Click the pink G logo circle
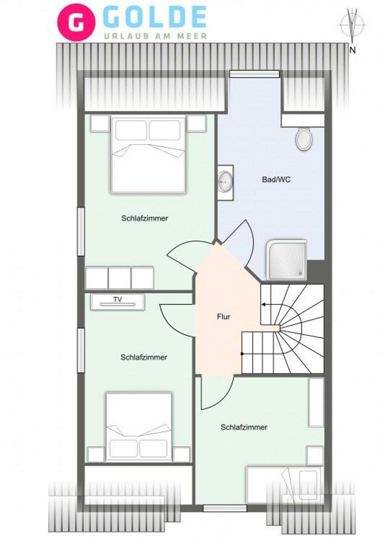(x=77, y=23)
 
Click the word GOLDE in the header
(x=156, y=17)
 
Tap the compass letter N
(x=353, y=50)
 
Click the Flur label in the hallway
(x=224, y=316)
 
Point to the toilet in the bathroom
(x=304, y=139)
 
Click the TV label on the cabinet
(x=118, y=299)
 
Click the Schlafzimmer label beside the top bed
(x=145, y=218)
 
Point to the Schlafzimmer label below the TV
(x=144, y=357)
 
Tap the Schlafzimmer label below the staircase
(x=244, y=427)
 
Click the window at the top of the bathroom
(x=254, y=74)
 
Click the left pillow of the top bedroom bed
(x=131, y=130)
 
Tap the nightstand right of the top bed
(x=197, y=123)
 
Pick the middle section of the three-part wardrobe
(x=120, y=278)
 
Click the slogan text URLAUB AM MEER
(x=156, y=36)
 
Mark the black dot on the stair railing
(x=242, y=354)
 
